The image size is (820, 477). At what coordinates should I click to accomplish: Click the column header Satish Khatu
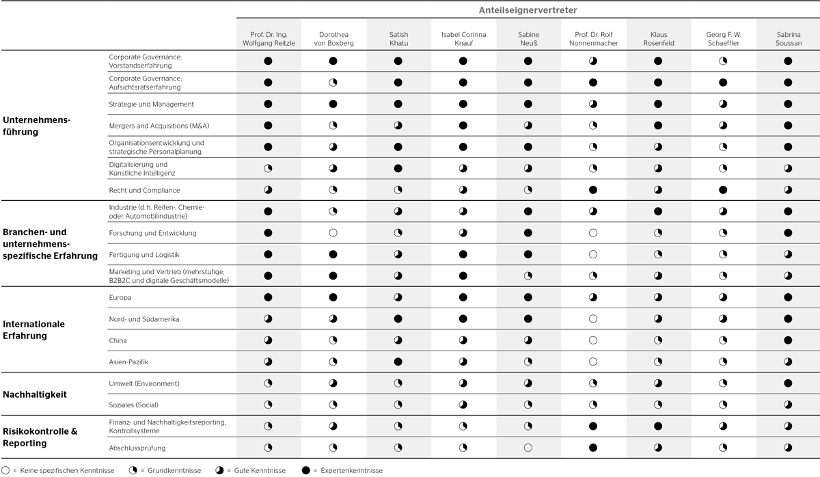tap(398, 39)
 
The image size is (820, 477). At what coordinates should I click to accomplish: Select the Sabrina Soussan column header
tap(788, 39)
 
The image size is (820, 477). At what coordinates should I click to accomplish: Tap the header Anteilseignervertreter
tap(528, 10)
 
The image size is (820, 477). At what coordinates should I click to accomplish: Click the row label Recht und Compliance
tap(144, 190)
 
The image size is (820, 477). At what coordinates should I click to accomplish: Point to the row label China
tap(118, 340)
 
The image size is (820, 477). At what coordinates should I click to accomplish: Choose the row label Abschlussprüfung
tap(137, 448)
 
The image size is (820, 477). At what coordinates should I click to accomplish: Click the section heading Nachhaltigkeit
tap(35, 394)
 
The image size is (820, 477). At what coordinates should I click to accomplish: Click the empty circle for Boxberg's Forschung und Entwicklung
tap(333, 233)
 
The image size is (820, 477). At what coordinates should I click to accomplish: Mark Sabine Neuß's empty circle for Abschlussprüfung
tap(528, 448)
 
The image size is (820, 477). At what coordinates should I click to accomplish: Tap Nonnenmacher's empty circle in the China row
tap(592, 340)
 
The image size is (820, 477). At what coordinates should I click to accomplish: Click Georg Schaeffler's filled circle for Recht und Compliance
tap(723, 190)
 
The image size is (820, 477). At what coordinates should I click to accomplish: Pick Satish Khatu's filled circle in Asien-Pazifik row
tap(398, 362)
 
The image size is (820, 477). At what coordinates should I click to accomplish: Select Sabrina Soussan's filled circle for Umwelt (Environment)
tap(788, 383)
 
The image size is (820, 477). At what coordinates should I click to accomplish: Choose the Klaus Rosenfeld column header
tap(658, 39)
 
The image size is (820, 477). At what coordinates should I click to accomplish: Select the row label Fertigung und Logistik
tap(144, 254)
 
